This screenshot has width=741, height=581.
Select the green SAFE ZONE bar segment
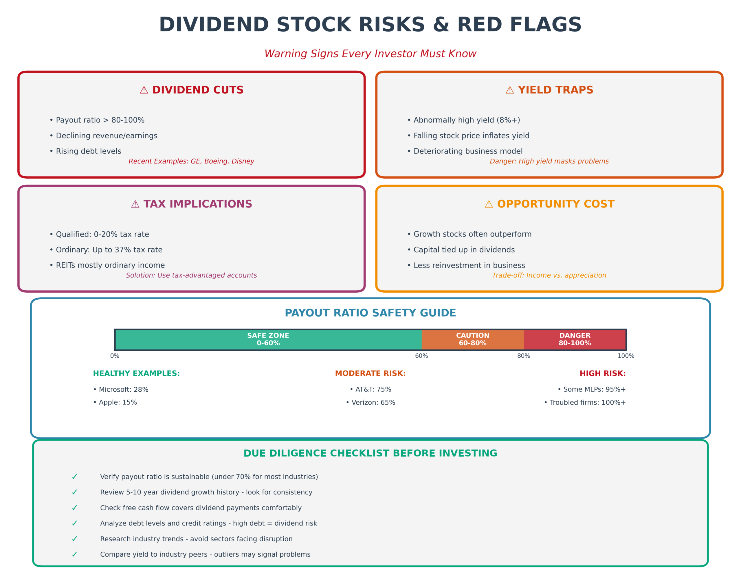tap(268, 340)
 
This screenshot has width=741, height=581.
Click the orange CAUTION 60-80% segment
tap(472, 340)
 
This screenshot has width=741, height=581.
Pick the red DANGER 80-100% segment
tap(574, 340)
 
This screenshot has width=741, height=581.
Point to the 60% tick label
tap(421, 356)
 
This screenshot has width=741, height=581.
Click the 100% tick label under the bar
tap(626, 356)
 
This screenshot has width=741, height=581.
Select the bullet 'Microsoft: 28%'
tap(121, 389)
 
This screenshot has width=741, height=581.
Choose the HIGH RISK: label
tap(602, 373)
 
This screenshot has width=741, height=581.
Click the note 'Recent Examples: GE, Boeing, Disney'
tap(191, 161)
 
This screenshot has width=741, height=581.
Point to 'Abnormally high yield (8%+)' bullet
tap(463, 120)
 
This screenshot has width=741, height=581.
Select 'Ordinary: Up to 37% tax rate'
tap(106, 250)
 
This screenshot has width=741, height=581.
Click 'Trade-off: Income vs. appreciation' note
tap(549, 275)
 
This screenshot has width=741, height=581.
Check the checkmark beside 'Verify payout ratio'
tap(74, 477)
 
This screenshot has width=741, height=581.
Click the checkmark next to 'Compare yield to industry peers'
tap(74, 554)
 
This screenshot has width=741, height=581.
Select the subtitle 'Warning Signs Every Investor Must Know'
tap(370, 54)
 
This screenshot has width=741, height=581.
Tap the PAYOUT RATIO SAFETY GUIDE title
tap(370, 313)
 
